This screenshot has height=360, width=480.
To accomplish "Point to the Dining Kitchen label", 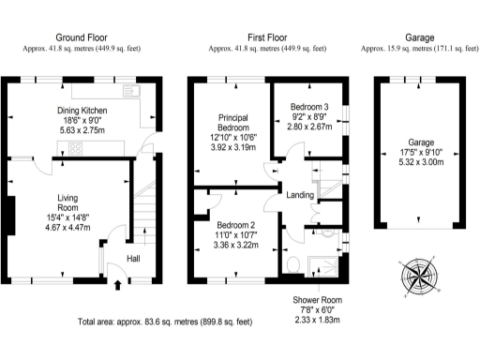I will tap(82, 111).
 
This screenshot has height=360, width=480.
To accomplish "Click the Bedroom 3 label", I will tap(308, 106).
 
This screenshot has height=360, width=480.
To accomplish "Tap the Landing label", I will tap(300, 195).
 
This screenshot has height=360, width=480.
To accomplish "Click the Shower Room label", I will tap(316, 301).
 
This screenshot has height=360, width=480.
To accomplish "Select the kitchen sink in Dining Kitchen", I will tap(131, 92).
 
